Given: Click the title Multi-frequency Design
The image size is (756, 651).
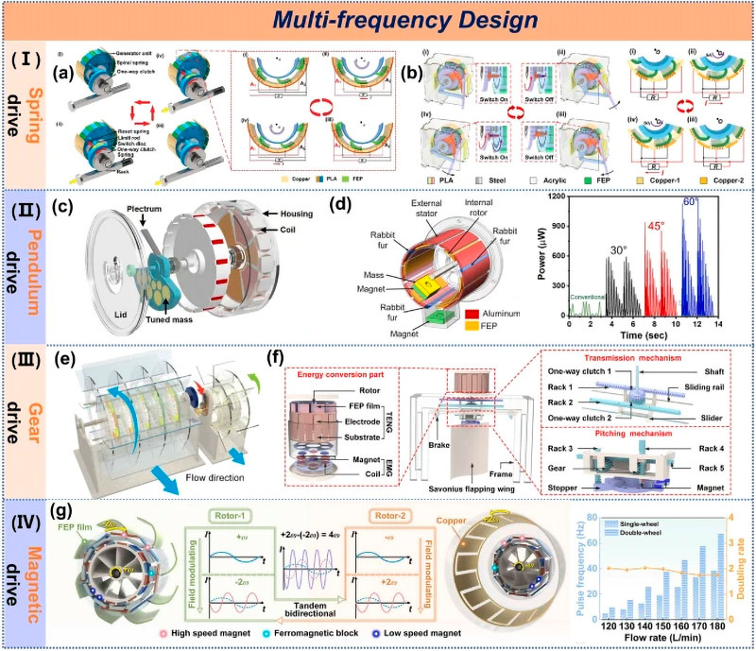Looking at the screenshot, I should coord(378,20).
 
